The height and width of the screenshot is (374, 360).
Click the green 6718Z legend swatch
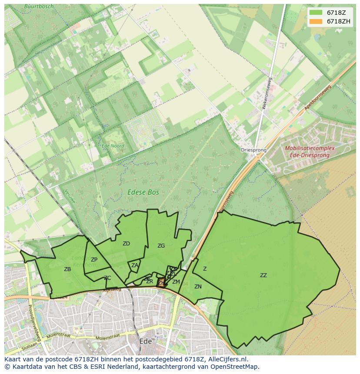(x=316, y=13)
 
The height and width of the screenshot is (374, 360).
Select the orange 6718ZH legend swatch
(x=316, y=21)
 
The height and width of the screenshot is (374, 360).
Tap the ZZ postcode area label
(x=263, y=275)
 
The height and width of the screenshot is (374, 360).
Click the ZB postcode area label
(x=67, y=269)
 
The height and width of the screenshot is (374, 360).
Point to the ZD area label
(x=126, y=244)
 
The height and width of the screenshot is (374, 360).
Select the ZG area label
(x=161, y=246)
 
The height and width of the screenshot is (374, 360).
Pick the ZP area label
(x=94, y=260)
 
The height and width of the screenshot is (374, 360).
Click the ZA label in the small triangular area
(x=135, y=265)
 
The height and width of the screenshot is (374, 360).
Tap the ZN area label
(x=198, y=287)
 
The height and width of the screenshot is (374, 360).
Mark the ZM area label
(x=176, y=282)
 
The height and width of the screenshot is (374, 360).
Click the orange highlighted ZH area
(x=161, y=282)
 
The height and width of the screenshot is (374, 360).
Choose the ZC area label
(x=107, y=278)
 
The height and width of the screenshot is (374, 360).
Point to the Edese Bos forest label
(x=143, y=192)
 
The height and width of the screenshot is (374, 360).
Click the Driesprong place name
(x=253, y=150)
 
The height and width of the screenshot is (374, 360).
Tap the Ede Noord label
(x=113, y=146)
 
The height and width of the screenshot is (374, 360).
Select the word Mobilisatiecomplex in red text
(x=310, y=148)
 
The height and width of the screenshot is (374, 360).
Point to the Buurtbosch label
(x=39, y=7)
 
